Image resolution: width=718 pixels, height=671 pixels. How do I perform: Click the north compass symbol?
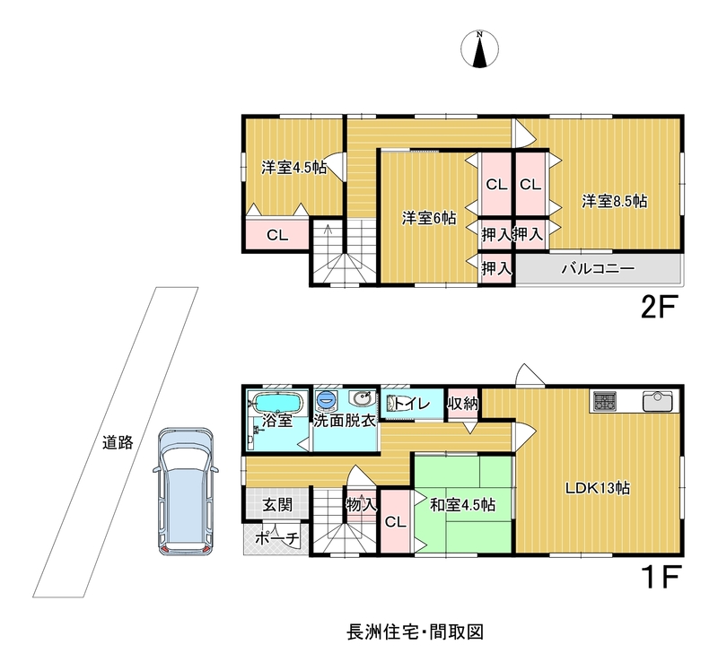pyautogui.click(x=479, y=49)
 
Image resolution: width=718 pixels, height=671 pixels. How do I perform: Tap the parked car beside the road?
pyautogui.click(x=186, y=492)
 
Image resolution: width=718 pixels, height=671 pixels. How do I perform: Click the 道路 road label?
pyautogui.click(x=118, y=442)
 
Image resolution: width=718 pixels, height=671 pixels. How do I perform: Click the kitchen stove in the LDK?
pyautogui.click(x=605, y=402)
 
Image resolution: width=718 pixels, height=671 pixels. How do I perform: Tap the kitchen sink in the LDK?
pyautogui.click(x=658, y=401)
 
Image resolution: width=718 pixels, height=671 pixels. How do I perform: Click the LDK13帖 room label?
pyautogui.click(x=598, y=488)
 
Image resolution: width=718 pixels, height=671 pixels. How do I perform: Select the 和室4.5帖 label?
pyautogui.click(x=462, y=505)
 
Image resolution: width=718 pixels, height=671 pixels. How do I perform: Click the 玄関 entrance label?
pyautogui.click(x=277, y=505)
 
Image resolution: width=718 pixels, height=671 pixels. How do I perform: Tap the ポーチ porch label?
pyautogui.click(x=276, y=539)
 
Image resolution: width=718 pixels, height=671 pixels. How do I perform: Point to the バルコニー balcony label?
pyautogui.click(x=598, y=268)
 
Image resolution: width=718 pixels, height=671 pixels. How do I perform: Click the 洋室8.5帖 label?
pyautogui.click(x=615, y=201)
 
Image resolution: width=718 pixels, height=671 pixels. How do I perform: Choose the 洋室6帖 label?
pyautogui.click(x=429, y=218)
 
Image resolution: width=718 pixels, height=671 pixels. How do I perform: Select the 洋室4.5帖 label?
pyautogui.click(x=294, y=168)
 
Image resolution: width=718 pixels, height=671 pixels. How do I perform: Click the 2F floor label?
pyautogui.click(x=659, y=308)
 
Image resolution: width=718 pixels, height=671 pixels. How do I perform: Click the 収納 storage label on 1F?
pyautogui.click(x=463, y=404)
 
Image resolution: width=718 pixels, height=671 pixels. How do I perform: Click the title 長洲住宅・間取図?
pyautogui.click(x=415, y=632)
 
